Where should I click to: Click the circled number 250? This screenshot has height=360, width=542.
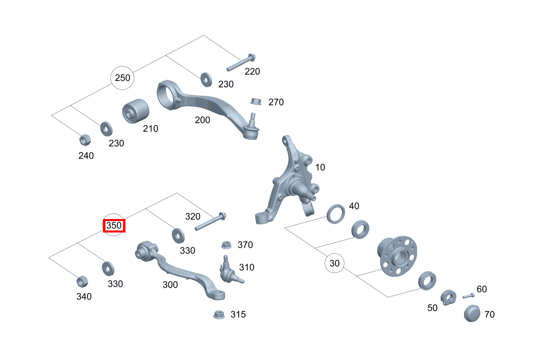tap(122, 78)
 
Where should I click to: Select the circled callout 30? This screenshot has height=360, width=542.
tap(334, 263)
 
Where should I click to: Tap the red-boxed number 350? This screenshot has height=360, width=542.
tap(114, 226)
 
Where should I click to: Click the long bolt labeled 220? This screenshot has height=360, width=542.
tap(241, 63)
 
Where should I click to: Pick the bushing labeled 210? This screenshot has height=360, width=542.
tap(136, 111)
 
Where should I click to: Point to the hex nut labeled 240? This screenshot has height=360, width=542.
tap(85, 140)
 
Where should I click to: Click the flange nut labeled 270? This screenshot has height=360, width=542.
tap(256, 101)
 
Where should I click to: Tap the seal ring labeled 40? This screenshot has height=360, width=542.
tap(336, 214)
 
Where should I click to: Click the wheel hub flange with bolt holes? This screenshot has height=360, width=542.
tap(398, 256)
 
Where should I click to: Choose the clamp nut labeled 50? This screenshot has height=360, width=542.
tap(448, 297)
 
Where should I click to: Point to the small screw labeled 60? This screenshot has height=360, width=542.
tap(469, 296)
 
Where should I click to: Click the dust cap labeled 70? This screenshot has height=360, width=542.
tap(472, 313)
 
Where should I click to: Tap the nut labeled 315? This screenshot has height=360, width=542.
tap(219, 315)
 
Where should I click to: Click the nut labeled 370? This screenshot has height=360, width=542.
tap(226, 245)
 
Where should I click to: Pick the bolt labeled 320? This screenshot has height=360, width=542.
tap(211, 221)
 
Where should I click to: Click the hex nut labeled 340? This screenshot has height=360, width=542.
tap(82, 282)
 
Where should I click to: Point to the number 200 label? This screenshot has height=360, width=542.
tap(202, 120)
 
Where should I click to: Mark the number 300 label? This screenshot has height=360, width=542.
tap(170, 285)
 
